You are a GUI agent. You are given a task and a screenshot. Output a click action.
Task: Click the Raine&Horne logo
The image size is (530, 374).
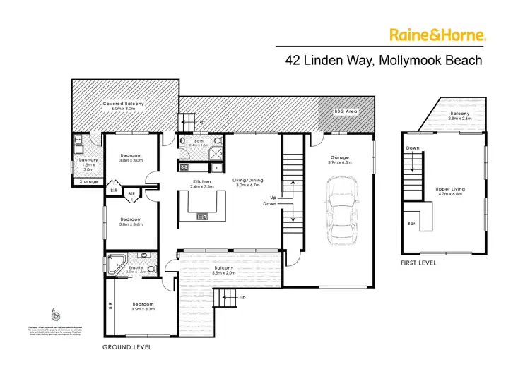tap(437, 34)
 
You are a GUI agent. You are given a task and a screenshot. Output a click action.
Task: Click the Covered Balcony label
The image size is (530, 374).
tap(123, 104)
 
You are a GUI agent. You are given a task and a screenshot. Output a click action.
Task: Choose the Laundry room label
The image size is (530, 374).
tap(88, 160)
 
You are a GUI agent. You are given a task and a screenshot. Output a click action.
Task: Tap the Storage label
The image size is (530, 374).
tap(88, 181)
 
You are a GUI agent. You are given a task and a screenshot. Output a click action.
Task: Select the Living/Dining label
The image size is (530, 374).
tap(248, 179)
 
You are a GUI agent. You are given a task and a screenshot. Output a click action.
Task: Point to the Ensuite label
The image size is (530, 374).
tap(136, 267)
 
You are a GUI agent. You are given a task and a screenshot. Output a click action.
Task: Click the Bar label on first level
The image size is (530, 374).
tap(411, 223)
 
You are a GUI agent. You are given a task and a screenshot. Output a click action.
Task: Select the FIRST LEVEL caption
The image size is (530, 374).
tap(418, 263)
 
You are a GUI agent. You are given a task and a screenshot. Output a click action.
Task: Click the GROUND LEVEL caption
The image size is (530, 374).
tap(126, 348)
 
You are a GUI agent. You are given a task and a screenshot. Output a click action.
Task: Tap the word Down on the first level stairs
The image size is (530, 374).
tap(414, 148)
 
